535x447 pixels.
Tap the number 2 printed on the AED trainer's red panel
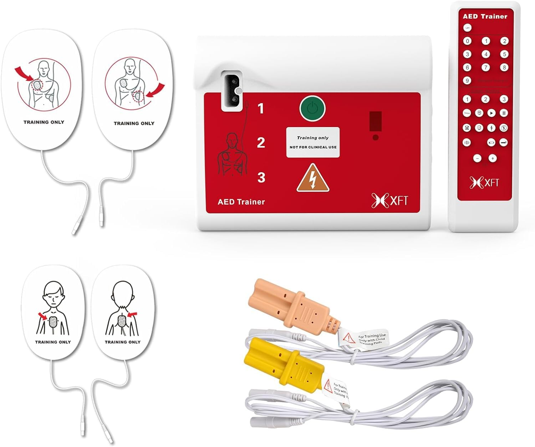tap(261, 143)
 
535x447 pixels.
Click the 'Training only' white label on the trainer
tap(313, 142)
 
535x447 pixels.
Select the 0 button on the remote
tap(467, 41)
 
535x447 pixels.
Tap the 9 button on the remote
tap(467, 81)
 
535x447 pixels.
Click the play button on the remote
tap(491, 113)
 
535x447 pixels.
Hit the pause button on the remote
tap(504, 113)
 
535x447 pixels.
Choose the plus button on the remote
tap(493, 158)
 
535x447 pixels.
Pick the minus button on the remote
tap(477, 158)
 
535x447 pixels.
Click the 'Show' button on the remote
tap(467, 113)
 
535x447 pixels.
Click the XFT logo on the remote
tap(484, 182)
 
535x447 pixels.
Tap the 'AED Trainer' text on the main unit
tap(241, 202)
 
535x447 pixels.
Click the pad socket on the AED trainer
tap(231, 91)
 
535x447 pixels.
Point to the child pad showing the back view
tap(122, 314)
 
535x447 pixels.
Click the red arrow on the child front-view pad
tap(42, 315)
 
